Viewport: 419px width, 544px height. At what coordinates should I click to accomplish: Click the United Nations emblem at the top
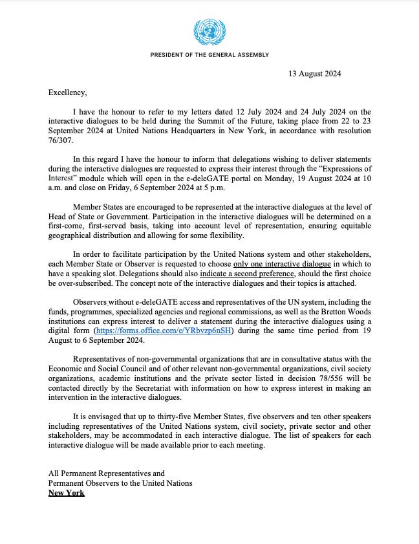209,31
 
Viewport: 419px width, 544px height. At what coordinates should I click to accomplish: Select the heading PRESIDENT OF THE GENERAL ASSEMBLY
209,55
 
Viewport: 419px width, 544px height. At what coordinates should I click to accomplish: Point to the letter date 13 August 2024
314,74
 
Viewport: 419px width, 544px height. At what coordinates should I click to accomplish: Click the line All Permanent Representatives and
107,473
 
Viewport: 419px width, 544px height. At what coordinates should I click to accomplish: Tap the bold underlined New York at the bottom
67,492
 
